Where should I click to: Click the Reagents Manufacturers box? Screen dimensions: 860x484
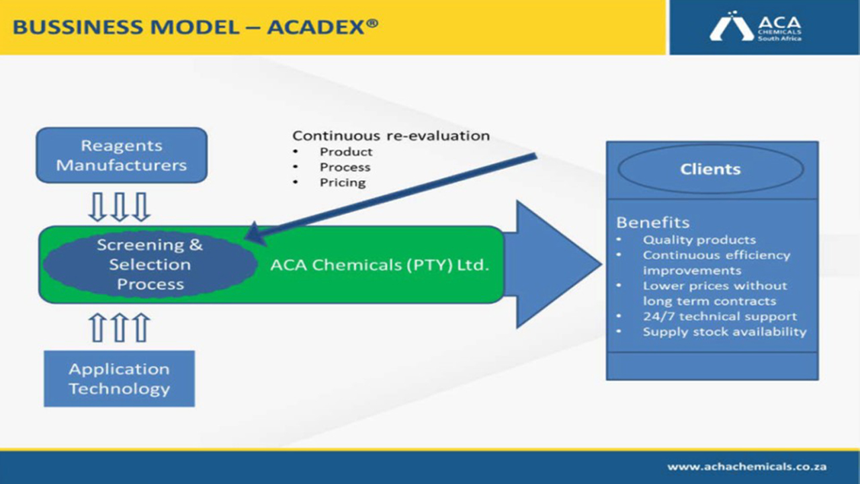coord(122,155)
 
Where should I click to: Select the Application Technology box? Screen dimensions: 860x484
coord(120,378)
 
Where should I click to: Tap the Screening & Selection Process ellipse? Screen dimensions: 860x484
coord(150,265)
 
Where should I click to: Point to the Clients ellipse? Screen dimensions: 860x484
coord(711,169)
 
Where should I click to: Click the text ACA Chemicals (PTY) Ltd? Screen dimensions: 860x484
coord(380,265)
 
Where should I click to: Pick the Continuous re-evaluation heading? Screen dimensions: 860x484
coord(391,136)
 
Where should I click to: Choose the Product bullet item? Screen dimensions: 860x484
coord(346,152)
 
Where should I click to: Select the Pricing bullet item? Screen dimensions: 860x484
coord(343,182)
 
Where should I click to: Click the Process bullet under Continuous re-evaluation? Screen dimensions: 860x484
coord(345,167)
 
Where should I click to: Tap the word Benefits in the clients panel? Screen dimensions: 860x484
coord(652,223)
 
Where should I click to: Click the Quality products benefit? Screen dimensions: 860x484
coord(699,240)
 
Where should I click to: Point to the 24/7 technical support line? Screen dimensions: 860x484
coord(720,316)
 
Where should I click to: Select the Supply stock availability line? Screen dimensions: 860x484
coord(725,331)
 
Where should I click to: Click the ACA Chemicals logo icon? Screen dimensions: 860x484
coord(732,26)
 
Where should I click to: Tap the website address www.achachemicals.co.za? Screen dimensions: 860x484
coord(746,467)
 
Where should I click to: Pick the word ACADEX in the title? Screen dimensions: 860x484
coord(316,28)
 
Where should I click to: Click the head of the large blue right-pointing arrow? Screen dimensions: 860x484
coord(558,264)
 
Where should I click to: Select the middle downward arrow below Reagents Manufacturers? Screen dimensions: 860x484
coord(120,207)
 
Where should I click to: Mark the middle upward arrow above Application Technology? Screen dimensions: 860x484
coord(120,327)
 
